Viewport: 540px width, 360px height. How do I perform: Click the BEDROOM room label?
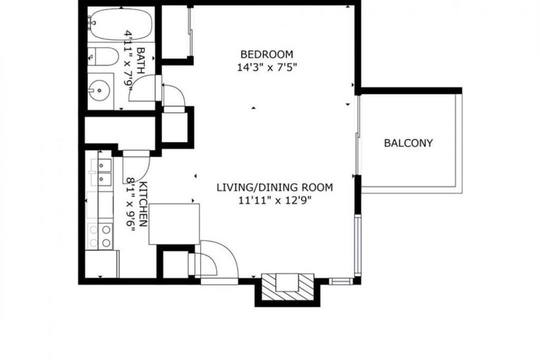tap(266, 54)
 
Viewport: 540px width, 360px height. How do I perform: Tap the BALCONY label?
tap(408, 143)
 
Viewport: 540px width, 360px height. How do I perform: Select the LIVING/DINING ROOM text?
tap(275, 187)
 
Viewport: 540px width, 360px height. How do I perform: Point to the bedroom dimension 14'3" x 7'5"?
tap(267, 67)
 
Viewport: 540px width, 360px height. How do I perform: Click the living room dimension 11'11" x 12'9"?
tap(275, 200)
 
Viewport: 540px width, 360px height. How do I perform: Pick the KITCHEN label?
tap(143, 204)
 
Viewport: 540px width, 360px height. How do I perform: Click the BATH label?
tap(140, 60)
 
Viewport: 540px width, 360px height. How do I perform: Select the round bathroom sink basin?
tap(99, 90)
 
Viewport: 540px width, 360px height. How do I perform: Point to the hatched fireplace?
tap(288, 286)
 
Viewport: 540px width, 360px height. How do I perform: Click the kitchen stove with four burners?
tap(100, 236)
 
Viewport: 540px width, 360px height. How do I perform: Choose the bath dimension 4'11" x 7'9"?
tap(128, 60)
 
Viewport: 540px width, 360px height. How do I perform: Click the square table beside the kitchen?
tap(174, 224)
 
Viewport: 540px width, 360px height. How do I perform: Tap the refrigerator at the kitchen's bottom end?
tap(102, 264)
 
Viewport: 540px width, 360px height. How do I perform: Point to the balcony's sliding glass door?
tap(358, 135)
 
